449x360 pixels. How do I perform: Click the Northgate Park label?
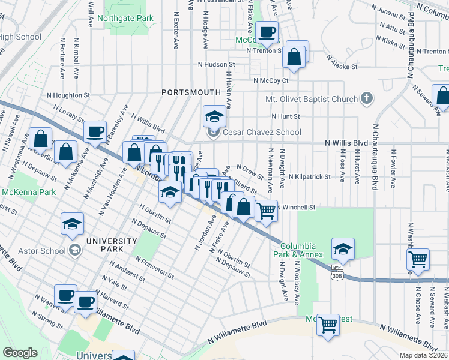click(x=128, y=19)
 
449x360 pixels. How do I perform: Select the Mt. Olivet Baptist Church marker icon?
click(x=366, y=99)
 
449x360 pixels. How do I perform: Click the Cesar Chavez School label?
click(x=262, y=132)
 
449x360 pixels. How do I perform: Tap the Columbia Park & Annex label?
click(x=298, y=250)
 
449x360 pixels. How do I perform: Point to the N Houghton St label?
click(x=68, y=95)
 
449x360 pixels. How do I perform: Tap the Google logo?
click(x=20, y=353)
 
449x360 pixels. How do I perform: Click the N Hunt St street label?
click(x=285, y=116)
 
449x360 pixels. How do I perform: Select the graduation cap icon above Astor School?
click(x=72, y=224)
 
